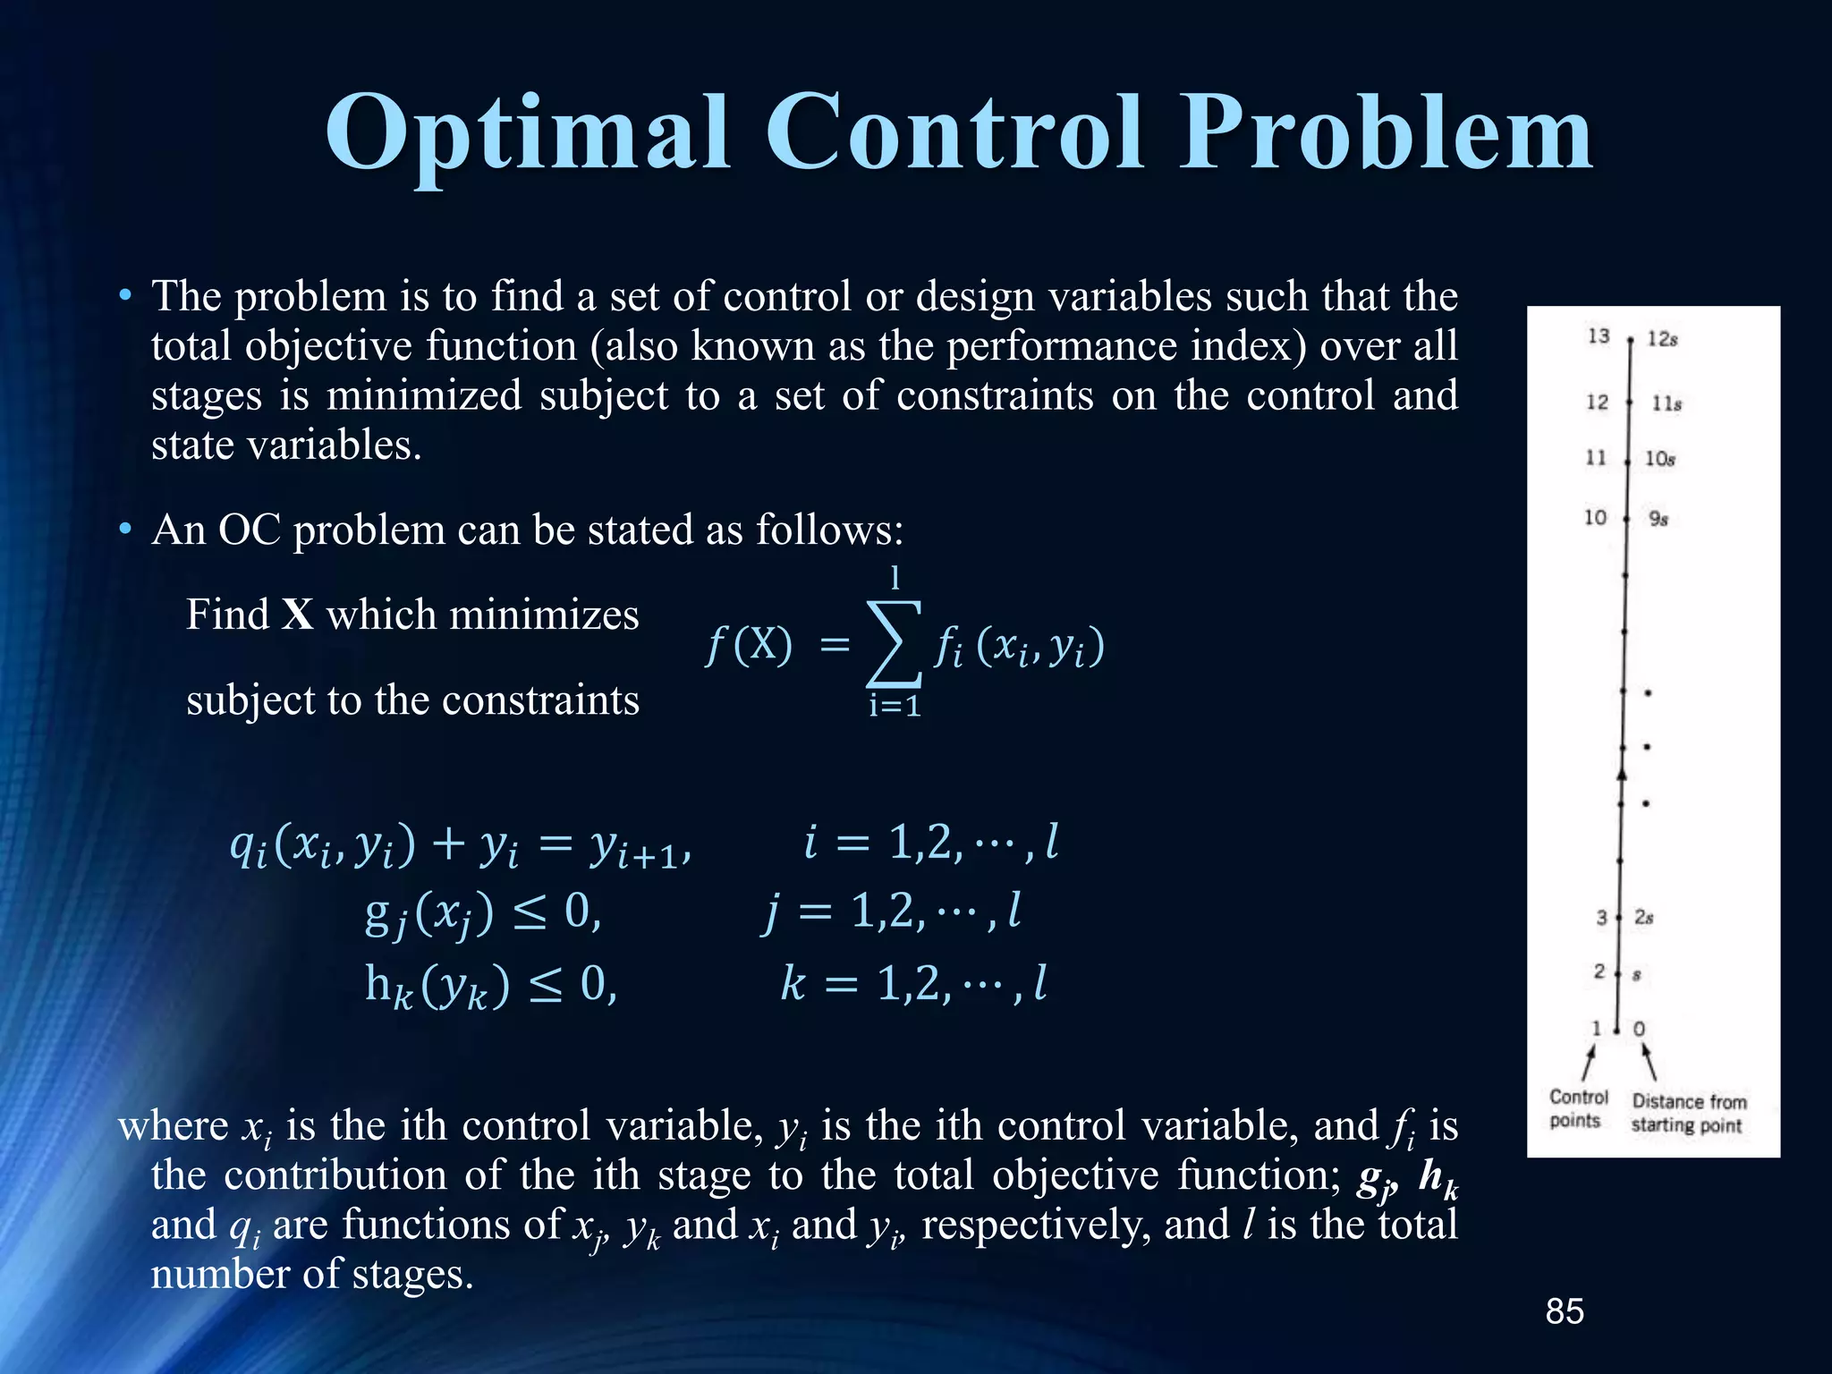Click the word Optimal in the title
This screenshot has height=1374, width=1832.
point(528,134)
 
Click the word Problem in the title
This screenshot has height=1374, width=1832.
point(1387,134)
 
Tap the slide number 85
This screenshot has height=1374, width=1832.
point(1565,1311)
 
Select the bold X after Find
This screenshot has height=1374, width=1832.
point(297,615)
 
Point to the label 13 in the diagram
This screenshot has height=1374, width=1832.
point(1599,336)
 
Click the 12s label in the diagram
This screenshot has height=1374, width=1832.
point(1662,339)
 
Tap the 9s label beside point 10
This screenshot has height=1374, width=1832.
point(1658,519)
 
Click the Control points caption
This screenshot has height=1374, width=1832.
point(1578,1109)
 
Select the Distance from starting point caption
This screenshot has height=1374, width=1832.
point(1688,1114)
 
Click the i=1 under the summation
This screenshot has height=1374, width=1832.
point(895,707)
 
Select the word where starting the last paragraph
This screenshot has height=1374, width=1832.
point(174,1125)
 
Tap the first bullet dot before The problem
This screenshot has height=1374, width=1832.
point(126,295)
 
